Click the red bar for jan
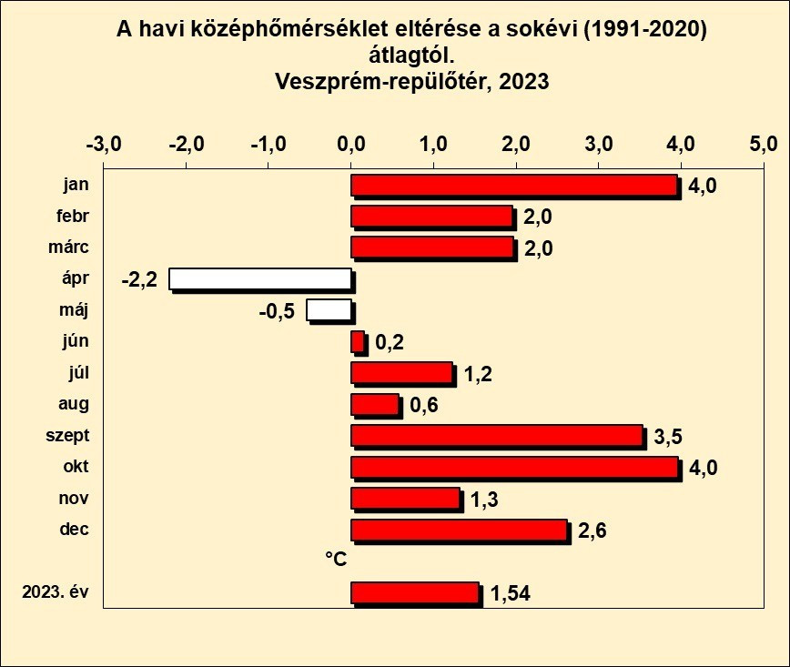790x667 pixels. coord(514,185)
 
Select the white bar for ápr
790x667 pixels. coord(260,278)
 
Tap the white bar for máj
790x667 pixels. coord(329,310)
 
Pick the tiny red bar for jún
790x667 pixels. coord(358,341)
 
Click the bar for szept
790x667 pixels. coord(497,436)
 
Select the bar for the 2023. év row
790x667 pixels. coord(415,593)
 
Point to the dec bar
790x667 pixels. coord(459,530)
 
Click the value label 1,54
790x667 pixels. coord(511,595)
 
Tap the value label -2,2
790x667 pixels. coord(139,279)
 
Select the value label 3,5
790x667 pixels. coord(668,438)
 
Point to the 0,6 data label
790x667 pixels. coord(424,406)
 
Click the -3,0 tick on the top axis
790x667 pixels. coord(103,145)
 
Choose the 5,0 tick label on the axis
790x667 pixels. coord(763,145)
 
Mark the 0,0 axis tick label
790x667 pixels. coord(351,145)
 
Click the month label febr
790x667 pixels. coord(72,216)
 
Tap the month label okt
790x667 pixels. coord(76,467)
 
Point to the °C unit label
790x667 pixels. coord(336,559)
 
